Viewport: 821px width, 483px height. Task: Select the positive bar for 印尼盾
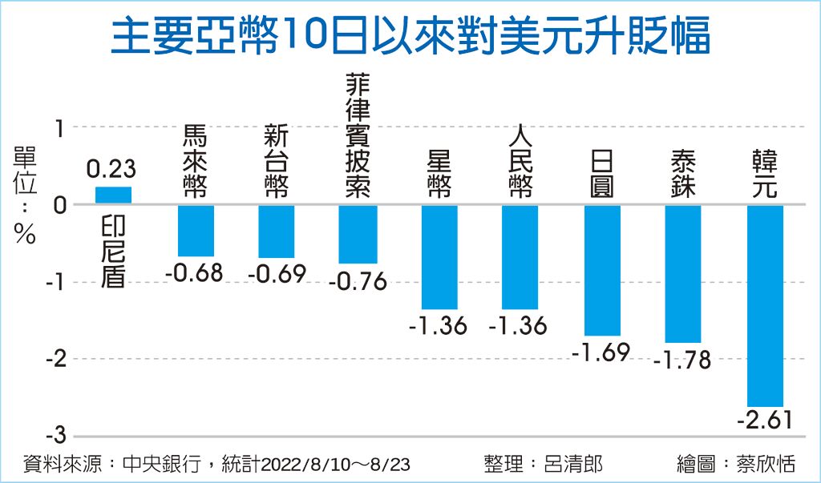(113, 195)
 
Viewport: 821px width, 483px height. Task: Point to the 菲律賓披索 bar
(358, 234)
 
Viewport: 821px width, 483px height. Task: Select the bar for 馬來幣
(196, 231)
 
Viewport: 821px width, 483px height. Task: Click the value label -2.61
(765, 420)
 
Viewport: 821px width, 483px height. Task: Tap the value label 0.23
(111, 170)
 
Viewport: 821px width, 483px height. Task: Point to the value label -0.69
(277, 275)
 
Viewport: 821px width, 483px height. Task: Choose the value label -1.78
(682, 360)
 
